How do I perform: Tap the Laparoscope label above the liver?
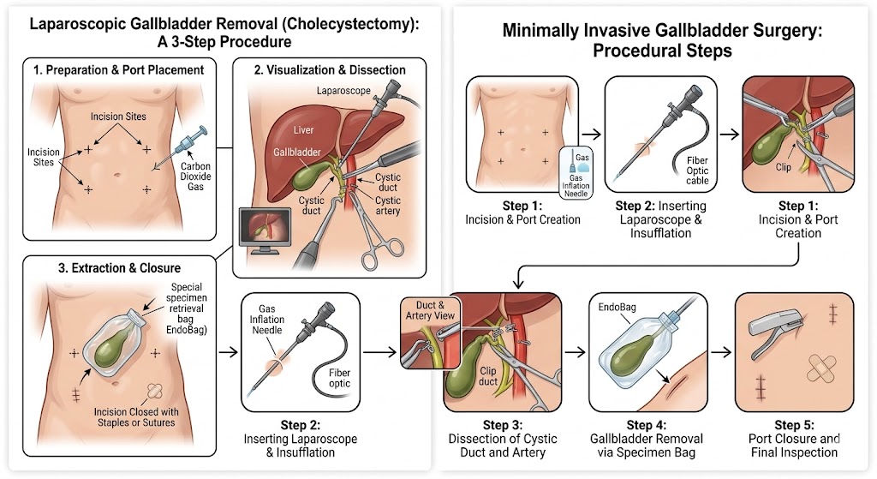click(342, 88)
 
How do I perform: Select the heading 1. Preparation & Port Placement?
click(119, 70)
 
